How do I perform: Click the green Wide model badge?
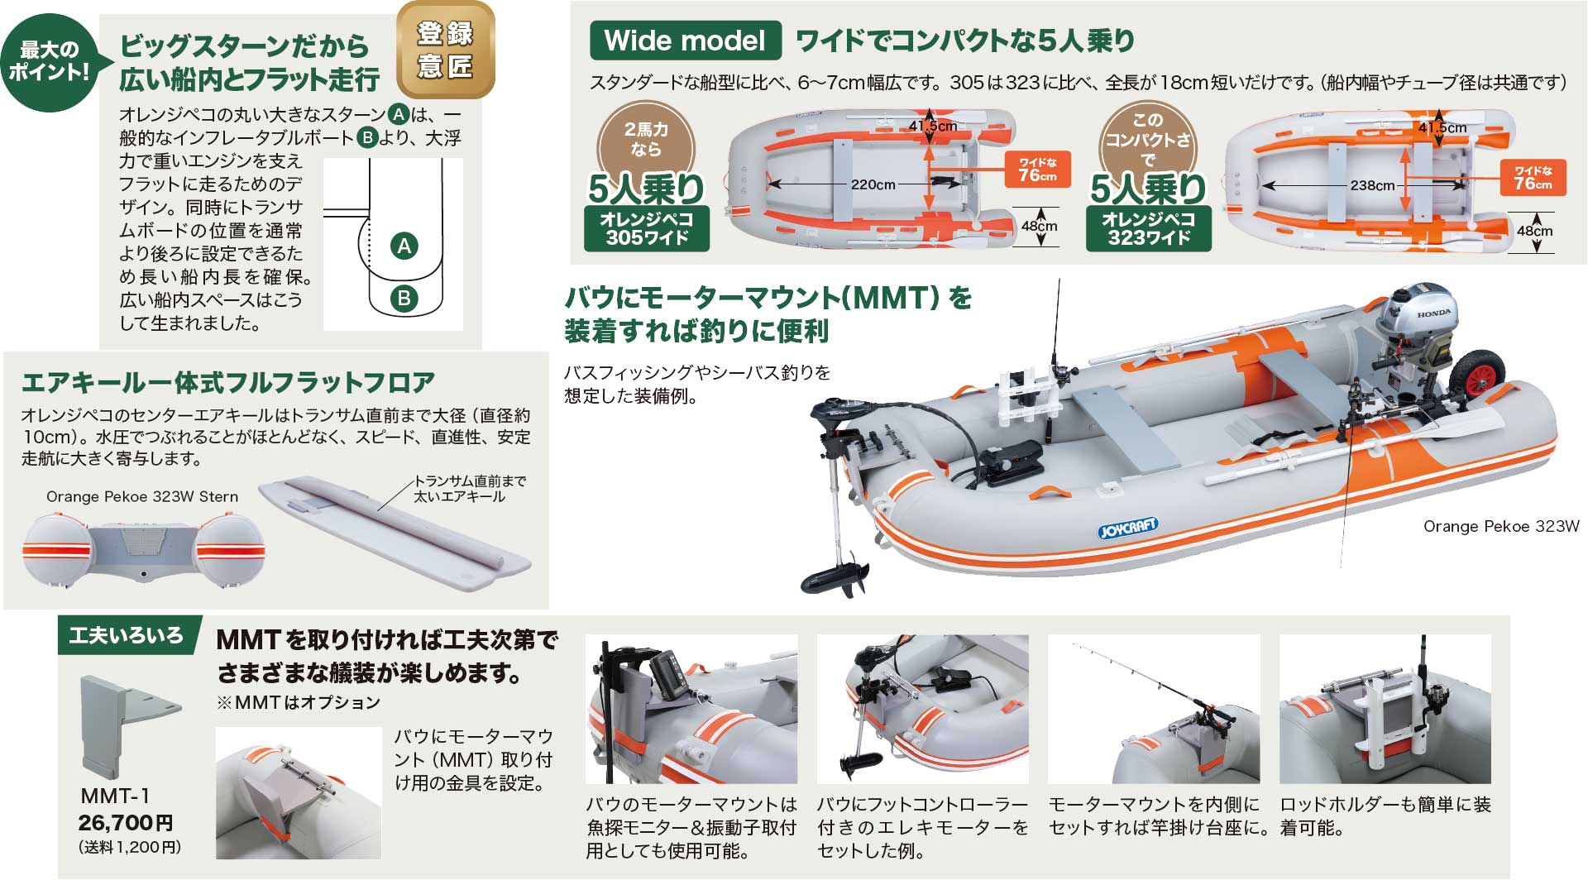[685, 41]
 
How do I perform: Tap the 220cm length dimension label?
[873, 184]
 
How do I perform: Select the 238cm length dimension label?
[1372, 185]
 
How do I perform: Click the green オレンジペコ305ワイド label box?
[646, 228]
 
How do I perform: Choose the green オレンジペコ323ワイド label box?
[1148, 228]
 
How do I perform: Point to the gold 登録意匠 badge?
[445, 50]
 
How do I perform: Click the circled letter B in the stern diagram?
[404, 299]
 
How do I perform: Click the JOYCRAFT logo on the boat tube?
[1128, 527]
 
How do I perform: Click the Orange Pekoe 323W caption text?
[1501, 526]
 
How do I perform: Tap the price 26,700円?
[126, 823]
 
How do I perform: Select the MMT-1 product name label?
[115, 796]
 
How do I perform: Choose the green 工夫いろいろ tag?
[127, 635]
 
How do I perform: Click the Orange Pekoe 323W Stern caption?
[142, 496]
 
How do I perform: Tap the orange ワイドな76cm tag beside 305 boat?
[1037, 169]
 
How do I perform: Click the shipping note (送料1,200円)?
[130, 848]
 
